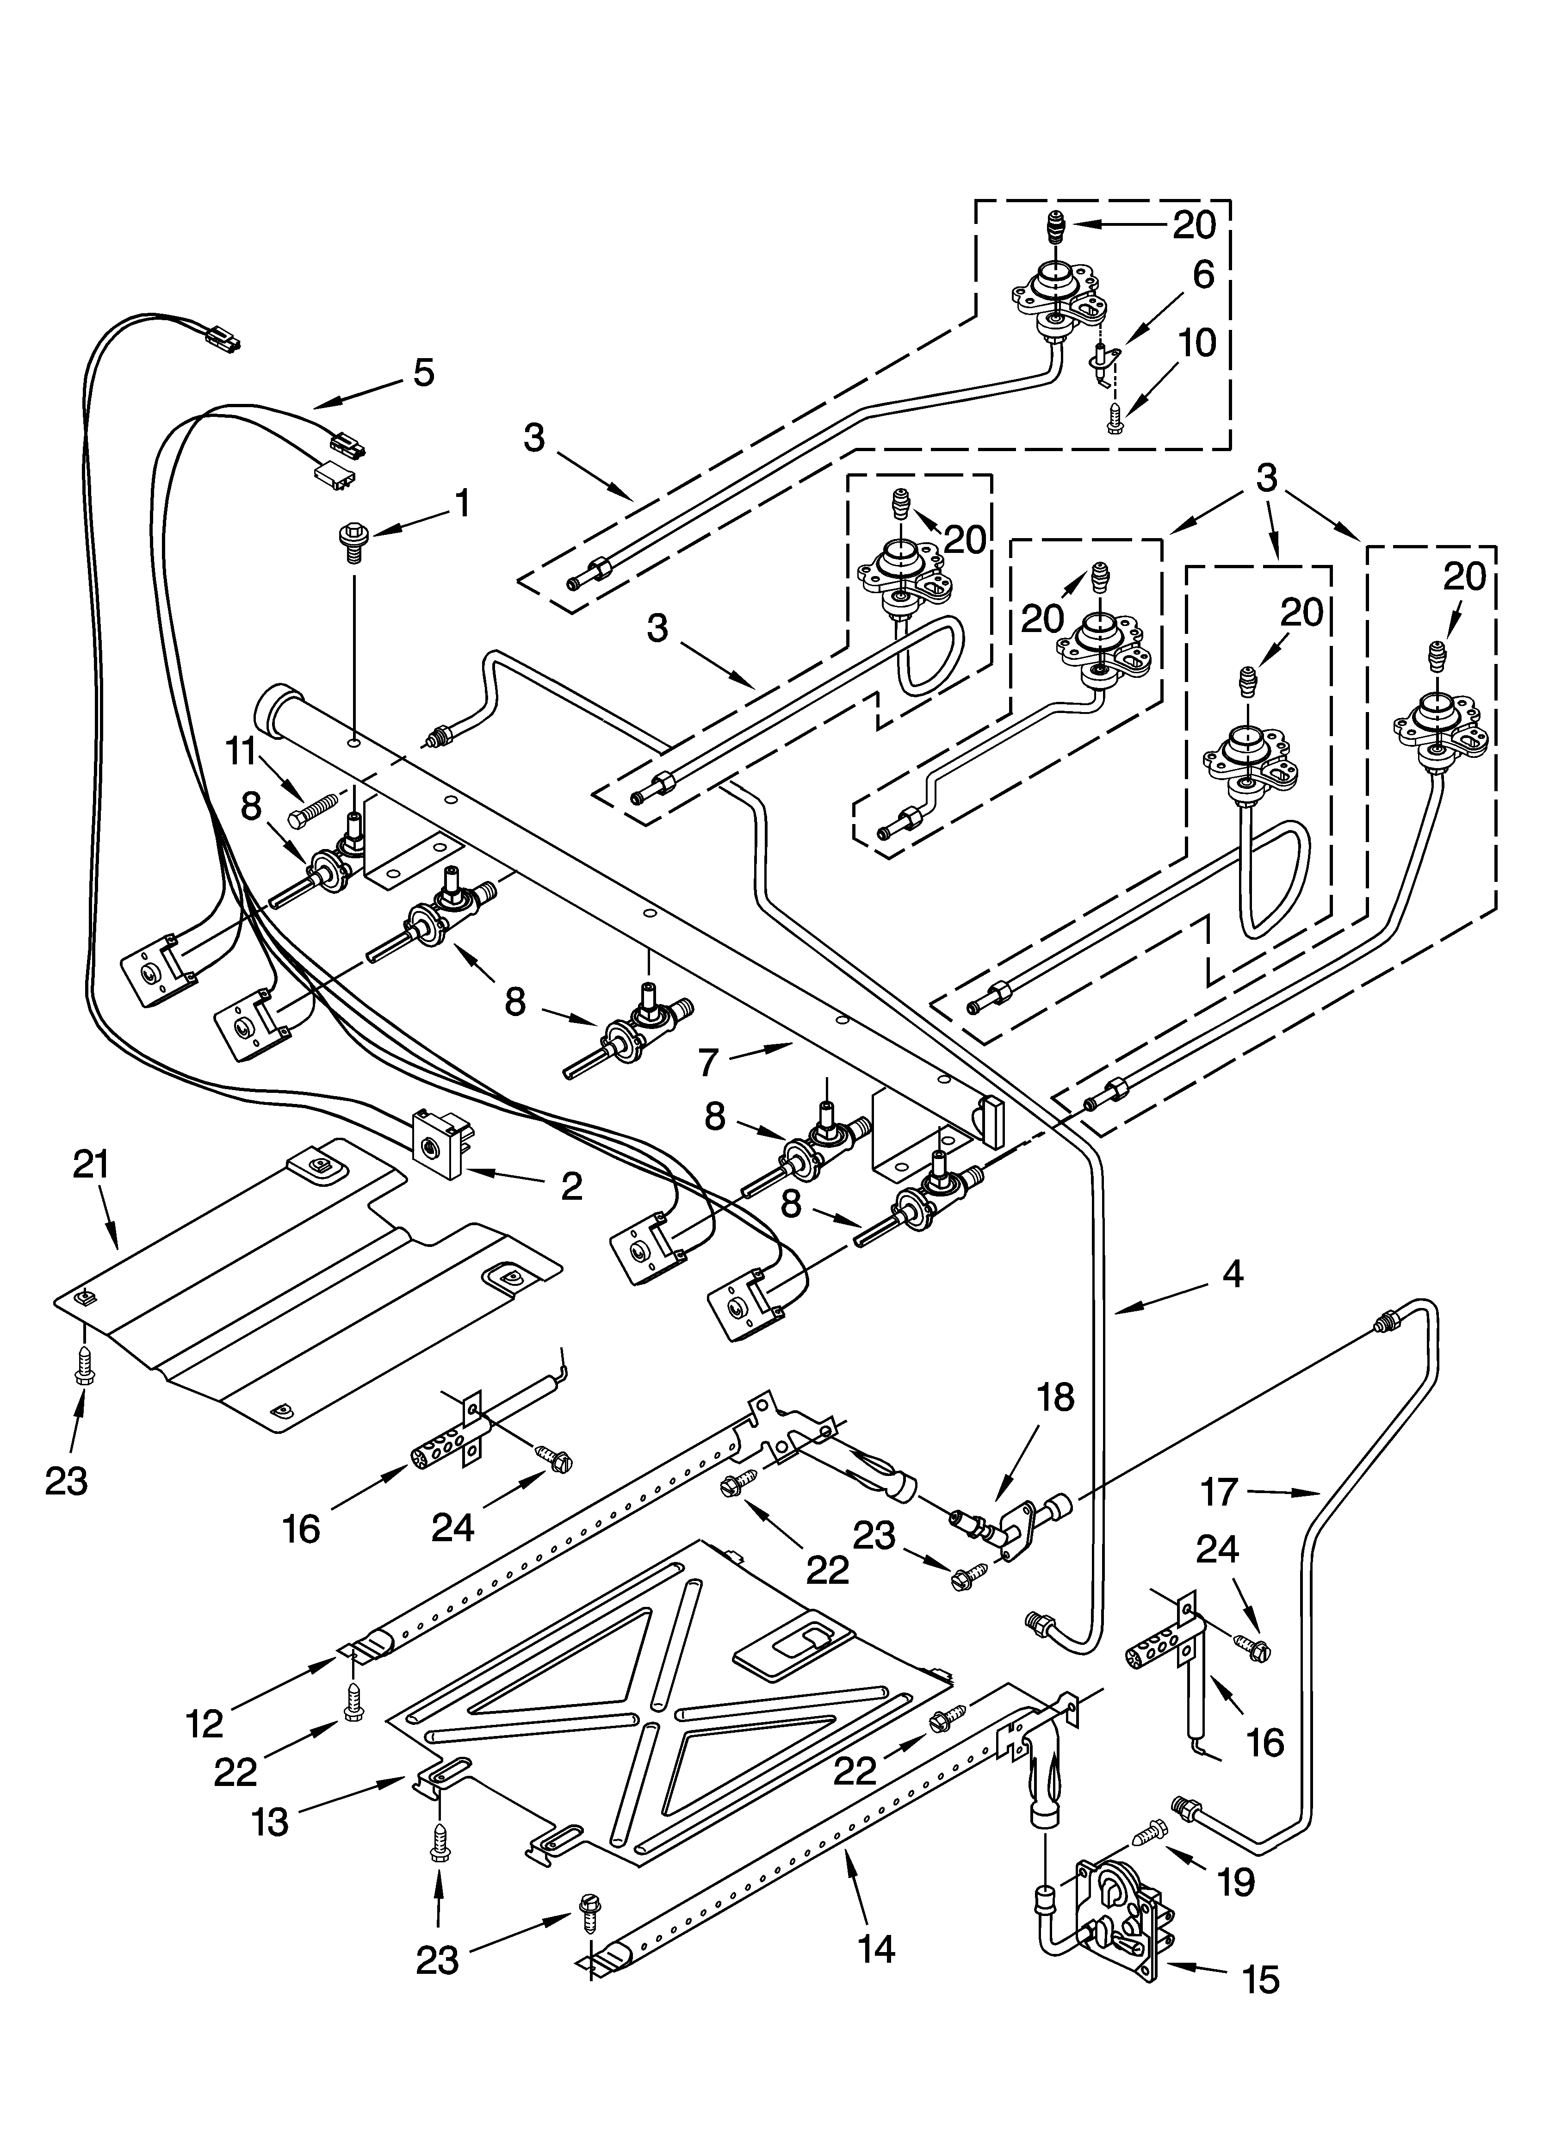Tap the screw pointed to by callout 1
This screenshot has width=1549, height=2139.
351,543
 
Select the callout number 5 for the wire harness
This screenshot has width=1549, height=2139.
424,372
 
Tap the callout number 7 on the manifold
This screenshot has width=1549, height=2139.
709,1062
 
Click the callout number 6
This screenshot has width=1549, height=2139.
1203,274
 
